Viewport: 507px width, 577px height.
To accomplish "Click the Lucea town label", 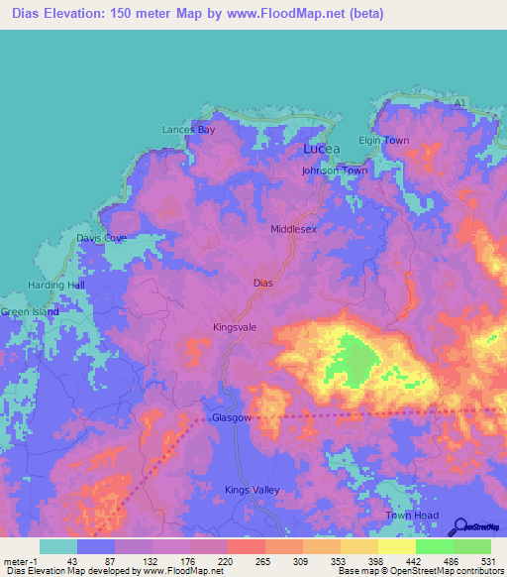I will [x=321, y=149].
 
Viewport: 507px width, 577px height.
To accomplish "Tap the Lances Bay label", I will [x=189, y=130].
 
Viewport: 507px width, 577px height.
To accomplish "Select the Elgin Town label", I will [x=383, y=141].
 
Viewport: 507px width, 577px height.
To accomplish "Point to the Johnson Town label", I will [x=335, y=171].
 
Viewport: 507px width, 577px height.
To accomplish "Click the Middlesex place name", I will [x=294, y=229].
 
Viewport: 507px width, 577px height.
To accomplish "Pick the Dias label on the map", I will [x=262, y=283].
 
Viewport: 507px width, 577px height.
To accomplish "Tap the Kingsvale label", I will [x=235, y=326].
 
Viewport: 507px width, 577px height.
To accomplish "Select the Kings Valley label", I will [x=253, y=490].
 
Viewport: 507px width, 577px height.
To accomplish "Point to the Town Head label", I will [x=412, y=516].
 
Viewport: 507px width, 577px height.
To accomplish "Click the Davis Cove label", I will [x=102, y=239].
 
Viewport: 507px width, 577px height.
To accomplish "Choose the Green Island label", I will [x=30, y=312].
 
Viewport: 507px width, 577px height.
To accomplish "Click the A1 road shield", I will [x=458, y=103].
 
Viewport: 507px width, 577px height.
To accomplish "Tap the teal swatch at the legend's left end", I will [x=58, y=546].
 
